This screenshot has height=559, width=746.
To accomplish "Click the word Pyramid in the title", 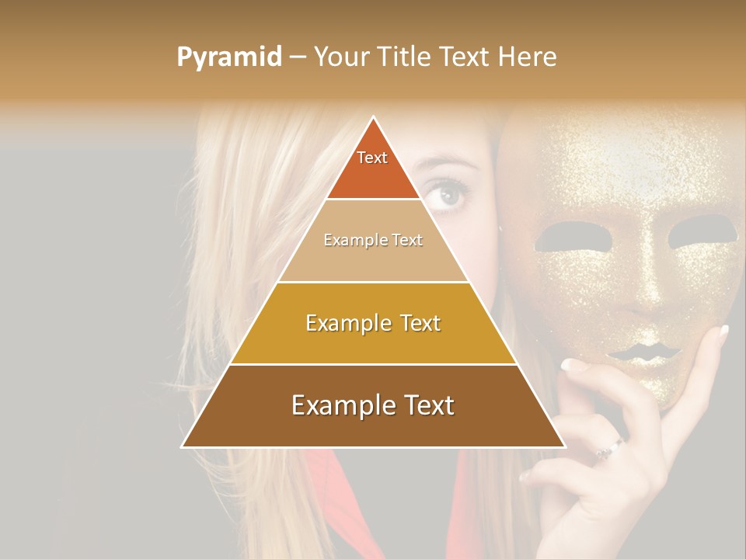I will (x=229, y=57).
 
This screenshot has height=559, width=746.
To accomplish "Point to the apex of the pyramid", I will (x=374, y=118).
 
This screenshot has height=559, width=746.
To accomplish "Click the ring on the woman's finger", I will (x=610, y=448).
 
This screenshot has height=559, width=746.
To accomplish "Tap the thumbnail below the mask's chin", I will (x=574, y=364).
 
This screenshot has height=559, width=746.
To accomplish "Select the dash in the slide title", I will (x=298, y=57).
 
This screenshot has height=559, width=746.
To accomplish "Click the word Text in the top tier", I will (x=372, y=158).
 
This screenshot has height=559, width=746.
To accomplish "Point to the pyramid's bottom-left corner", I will (x=182, y=446).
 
